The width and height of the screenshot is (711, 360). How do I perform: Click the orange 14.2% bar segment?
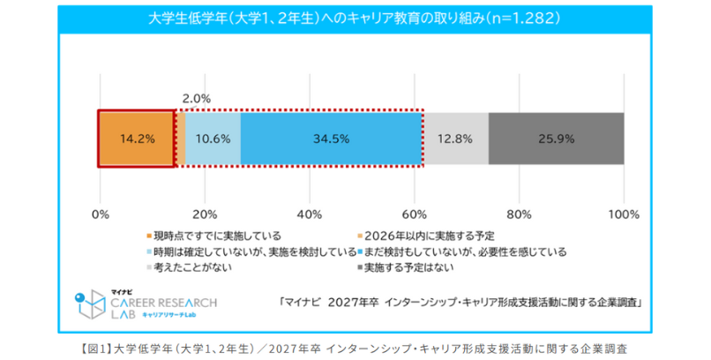pos(137,139)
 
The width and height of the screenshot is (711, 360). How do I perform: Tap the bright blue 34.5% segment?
pos(331,139)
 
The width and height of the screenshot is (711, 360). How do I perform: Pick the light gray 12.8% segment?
pos(455,139)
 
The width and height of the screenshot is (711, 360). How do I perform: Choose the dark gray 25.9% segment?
pos(556,139)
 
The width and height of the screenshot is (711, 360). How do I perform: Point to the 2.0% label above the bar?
pos(195,98)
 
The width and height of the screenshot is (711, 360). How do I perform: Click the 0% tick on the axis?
pos(101,214)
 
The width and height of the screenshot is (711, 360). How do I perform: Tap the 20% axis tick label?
pos(205,214)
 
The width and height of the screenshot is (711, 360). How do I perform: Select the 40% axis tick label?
pos(310,214)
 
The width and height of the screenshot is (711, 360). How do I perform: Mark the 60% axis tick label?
pos(415,214)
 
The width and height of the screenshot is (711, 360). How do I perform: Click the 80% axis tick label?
pos(519,214)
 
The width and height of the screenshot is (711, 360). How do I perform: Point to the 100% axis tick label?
pos(624,214)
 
